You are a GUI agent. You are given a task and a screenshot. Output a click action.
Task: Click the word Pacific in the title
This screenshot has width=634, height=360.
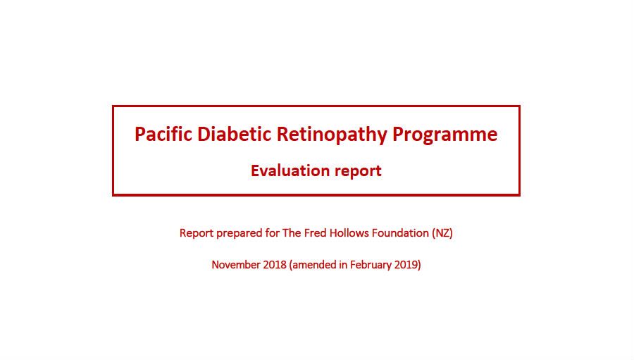point(163,134)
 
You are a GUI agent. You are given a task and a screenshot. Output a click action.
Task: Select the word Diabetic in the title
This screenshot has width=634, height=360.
point(234,134)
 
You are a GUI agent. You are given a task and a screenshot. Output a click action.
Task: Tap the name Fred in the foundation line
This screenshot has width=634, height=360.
point(316,233)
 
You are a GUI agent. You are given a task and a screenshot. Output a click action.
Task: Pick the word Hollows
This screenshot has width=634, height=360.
point(349,233)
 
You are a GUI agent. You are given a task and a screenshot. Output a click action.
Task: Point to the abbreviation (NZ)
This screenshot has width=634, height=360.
point(442,233)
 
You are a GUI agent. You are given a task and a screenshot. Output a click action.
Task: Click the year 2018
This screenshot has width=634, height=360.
point(275,265)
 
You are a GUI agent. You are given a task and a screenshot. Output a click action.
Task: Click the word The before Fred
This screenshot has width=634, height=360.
point(292,233)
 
